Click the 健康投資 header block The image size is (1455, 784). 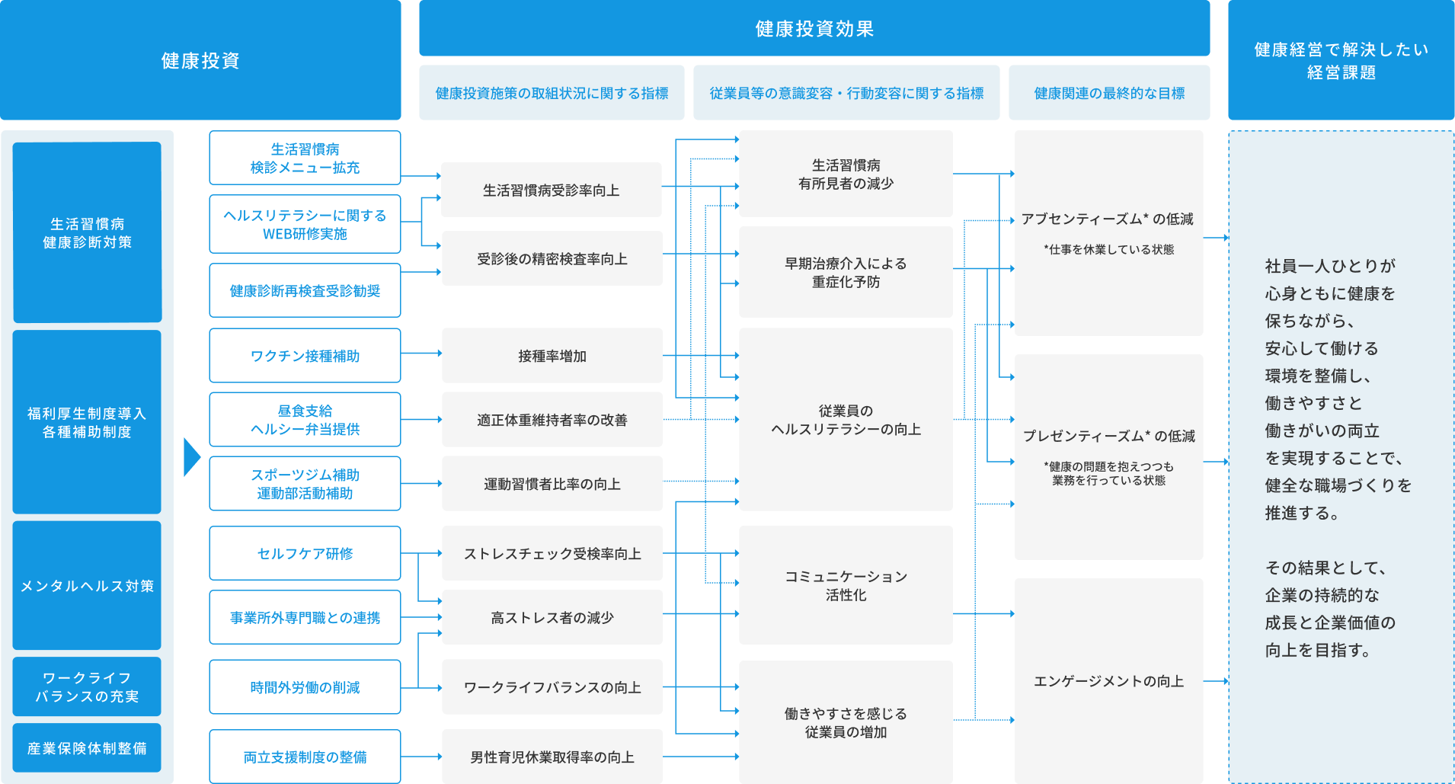tap(200, 60)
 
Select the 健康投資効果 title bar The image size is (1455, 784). tap(814, 28)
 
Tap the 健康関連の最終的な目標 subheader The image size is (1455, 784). tap(1108, 93)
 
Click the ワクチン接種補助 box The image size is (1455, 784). tap(305, 356)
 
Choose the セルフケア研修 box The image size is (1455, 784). tap(305, 554)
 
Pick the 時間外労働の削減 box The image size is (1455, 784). tap(305, 687)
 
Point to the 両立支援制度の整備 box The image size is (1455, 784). tap(305, 757)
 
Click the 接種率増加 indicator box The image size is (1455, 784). tap(552, 356)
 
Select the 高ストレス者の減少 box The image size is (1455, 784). tap(552, 618)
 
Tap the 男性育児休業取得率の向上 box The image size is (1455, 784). tap(552, 757)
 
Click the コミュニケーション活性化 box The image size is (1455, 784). tap(846, 585)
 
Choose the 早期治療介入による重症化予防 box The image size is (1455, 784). tap(846, 272)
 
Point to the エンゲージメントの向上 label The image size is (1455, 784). tap(1108, 681)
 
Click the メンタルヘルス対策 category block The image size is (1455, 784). tap(87, 586)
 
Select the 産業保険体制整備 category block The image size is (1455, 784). tap(87, 748)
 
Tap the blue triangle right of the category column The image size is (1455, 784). tap(191, 457)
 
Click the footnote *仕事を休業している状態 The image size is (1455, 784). tap(1108, 250)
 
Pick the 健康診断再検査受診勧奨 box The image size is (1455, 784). tap(305, 291)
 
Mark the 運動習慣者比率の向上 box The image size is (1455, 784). tap(552, 484)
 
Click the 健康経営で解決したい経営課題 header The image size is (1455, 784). tap(1341, 60)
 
